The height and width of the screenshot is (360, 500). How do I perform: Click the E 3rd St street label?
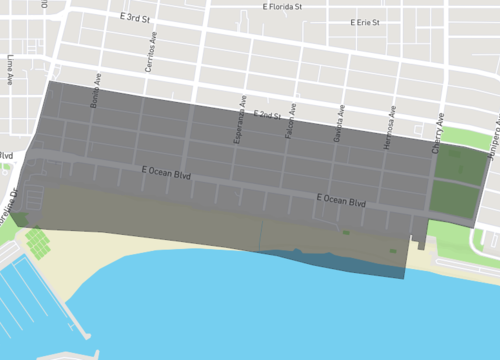point(135,19)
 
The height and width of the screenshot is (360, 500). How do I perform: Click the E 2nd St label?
point(266,115)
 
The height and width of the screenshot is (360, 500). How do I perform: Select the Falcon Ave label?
point(289,125)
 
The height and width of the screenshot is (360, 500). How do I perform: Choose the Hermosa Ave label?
point(388,130)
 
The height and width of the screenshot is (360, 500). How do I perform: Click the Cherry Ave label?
point(437,133)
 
